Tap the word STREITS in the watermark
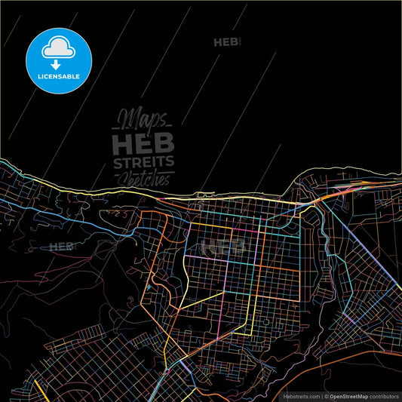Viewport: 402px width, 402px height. coord(143,162)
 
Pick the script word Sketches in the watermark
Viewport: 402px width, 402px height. coord(143,178)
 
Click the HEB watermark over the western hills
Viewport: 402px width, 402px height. coord(61,246)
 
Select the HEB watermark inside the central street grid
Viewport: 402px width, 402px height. coord(226,247)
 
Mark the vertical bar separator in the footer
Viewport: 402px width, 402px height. coord(321,395)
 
